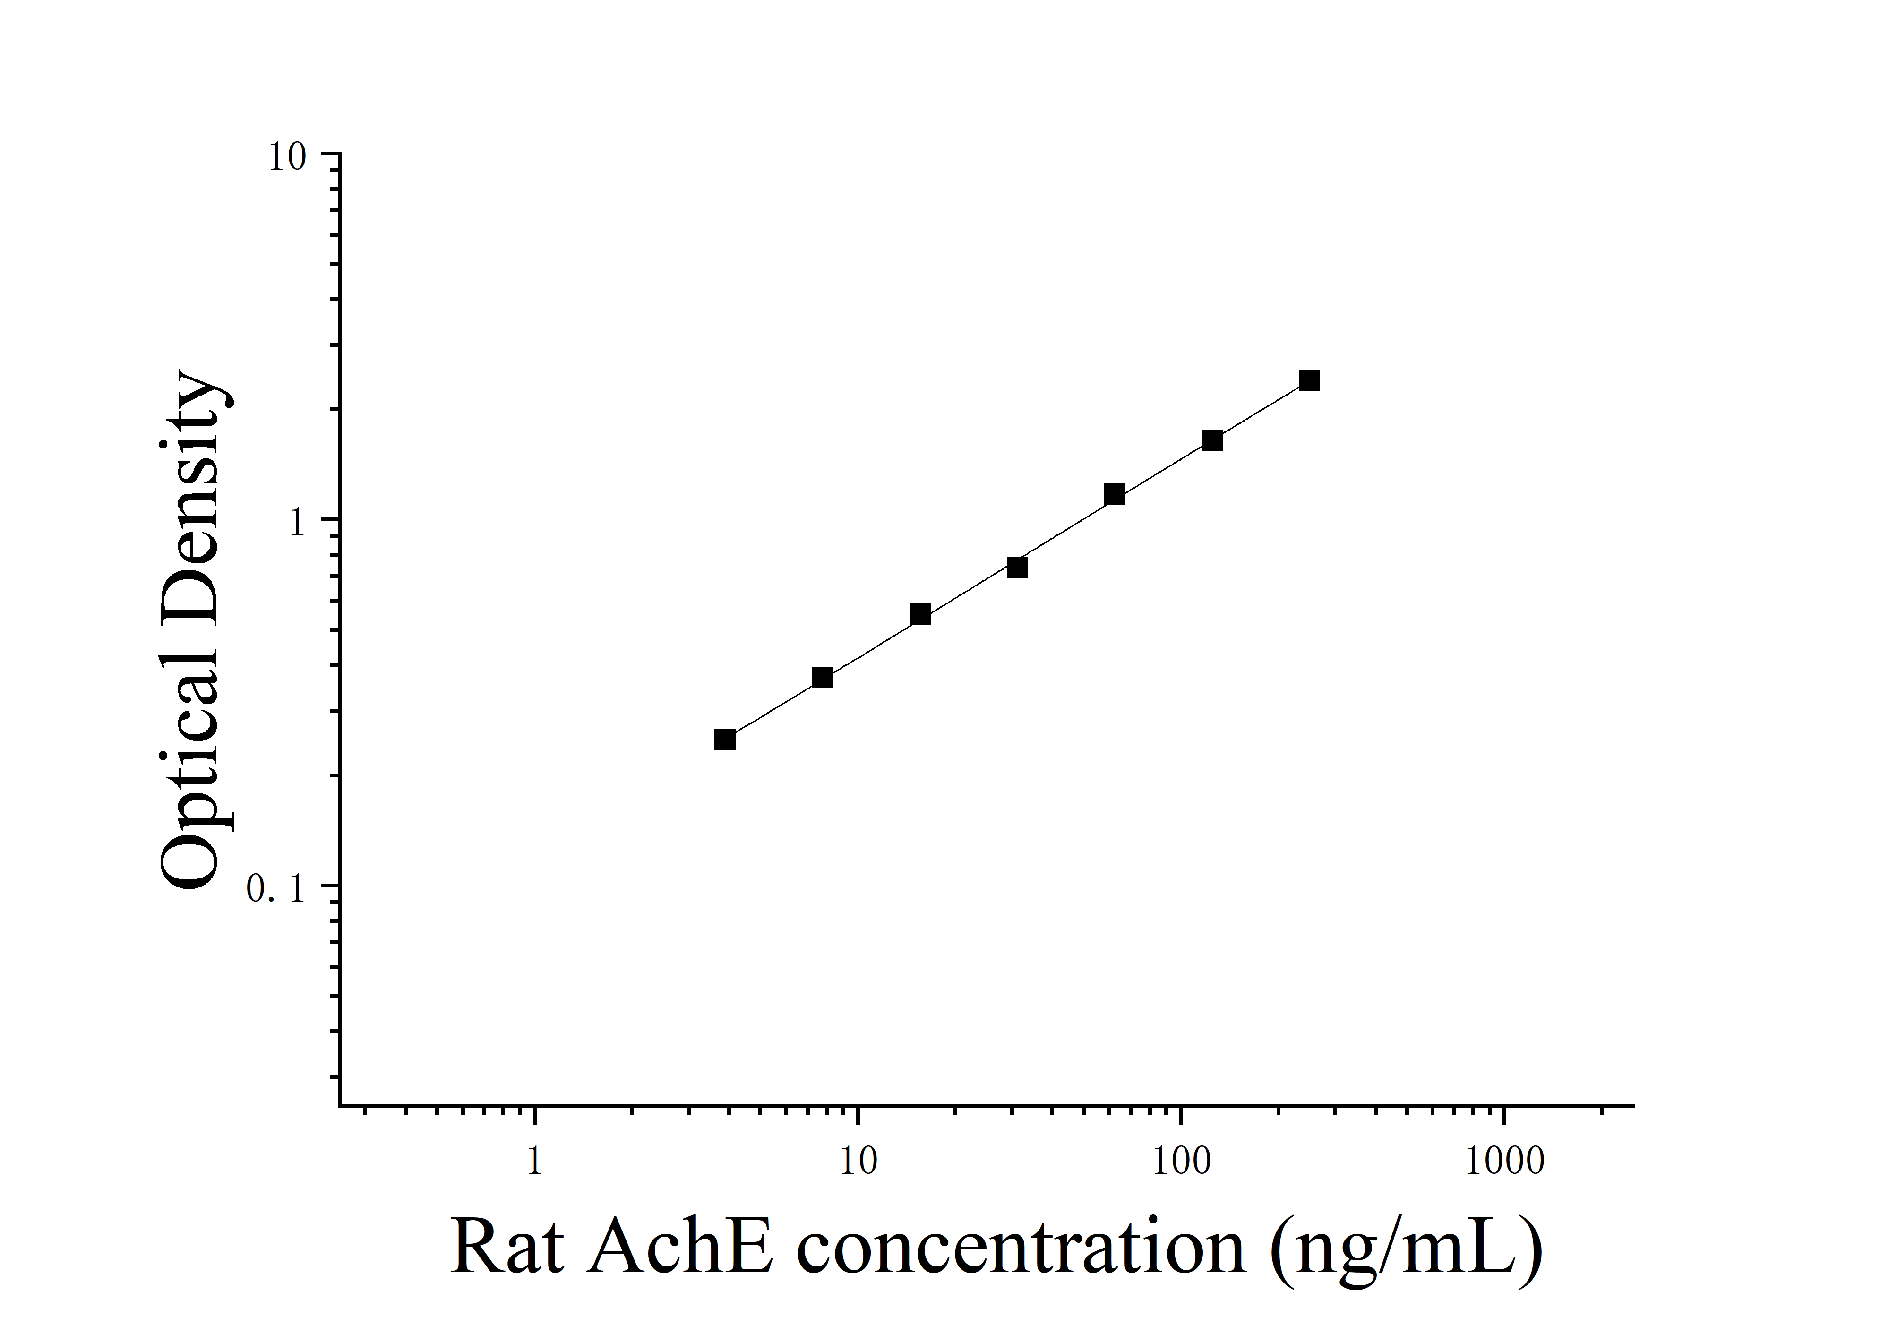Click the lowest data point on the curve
[725, 740]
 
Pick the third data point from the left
[919, 614]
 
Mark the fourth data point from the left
[1017, 567]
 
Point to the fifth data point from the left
[1115, 494]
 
